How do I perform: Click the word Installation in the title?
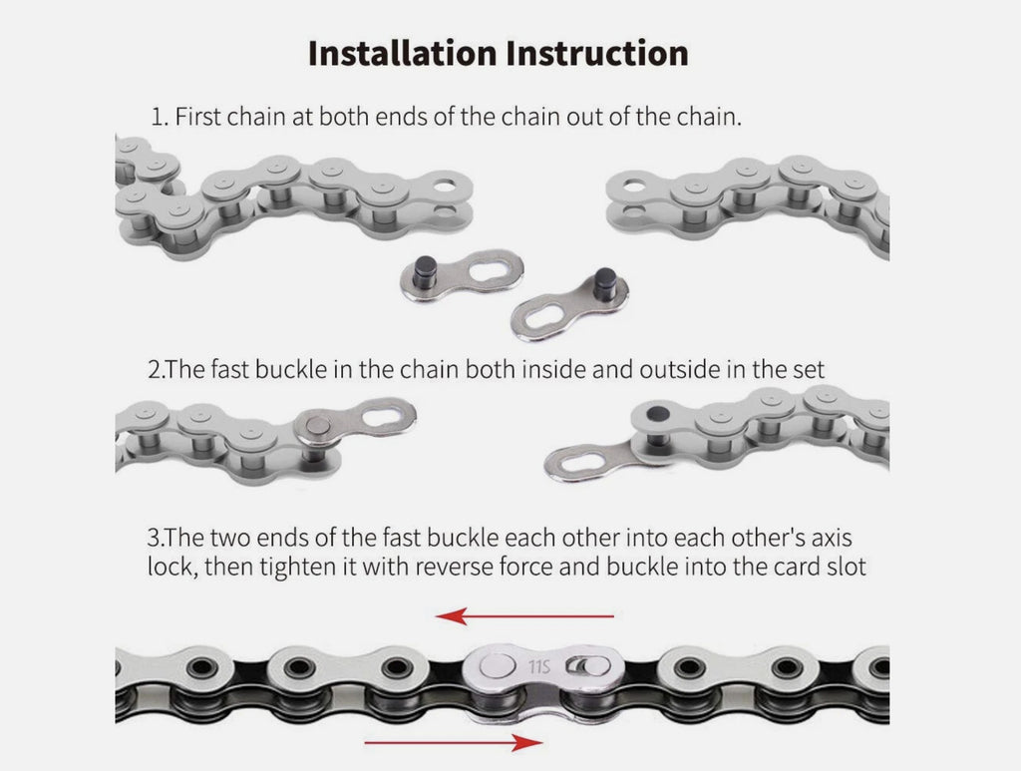pos(403,53)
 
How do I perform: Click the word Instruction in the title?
pos(597,53)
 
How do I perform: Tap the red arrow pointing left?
pos(524,615)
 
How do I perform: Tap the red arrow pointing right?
pos(454,742)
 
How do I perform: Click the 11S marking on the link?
pos(539,667)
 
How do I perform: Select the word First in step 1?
pos(198,117)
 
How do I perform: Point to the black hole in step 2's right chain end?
pos(658,414)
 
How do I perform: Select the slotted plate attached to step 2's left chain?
pos(355,422)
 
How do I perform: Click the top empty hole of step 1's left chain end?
pos(445,187)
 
